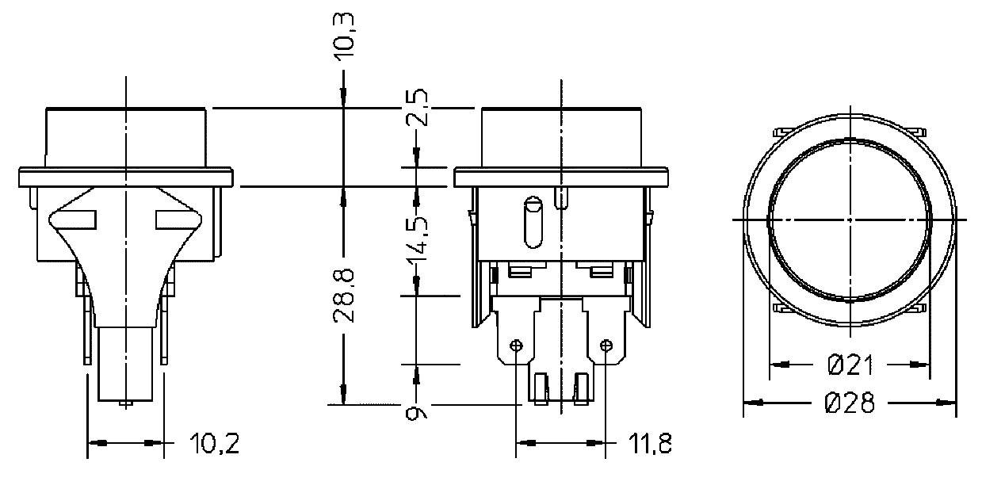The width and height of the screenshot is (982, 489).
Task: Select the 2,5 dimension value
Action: (x=418, y=108)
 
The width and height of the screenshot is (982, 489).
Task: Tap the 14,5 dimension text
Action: (x=418, y=239)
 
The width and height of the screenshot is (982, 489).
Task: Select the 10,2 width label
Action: (x=214, y=445)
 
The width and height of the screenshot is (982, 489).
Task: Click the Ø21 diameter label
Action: (x=850, y=365)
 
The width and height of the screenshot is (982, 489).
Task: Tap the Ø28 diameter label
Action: (x=850, y=403)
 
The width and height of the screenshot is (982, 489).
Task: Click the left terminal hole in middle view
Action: (x=517, y=346)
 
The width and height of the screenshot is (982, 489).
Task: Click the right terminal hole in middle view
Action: (x=606, y=346)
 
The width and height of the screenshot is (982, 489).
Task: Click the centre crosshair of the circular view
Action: (x=849, y=219)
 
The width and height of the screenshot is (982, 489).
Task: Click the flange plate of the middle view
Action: (x=560, y=178)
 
